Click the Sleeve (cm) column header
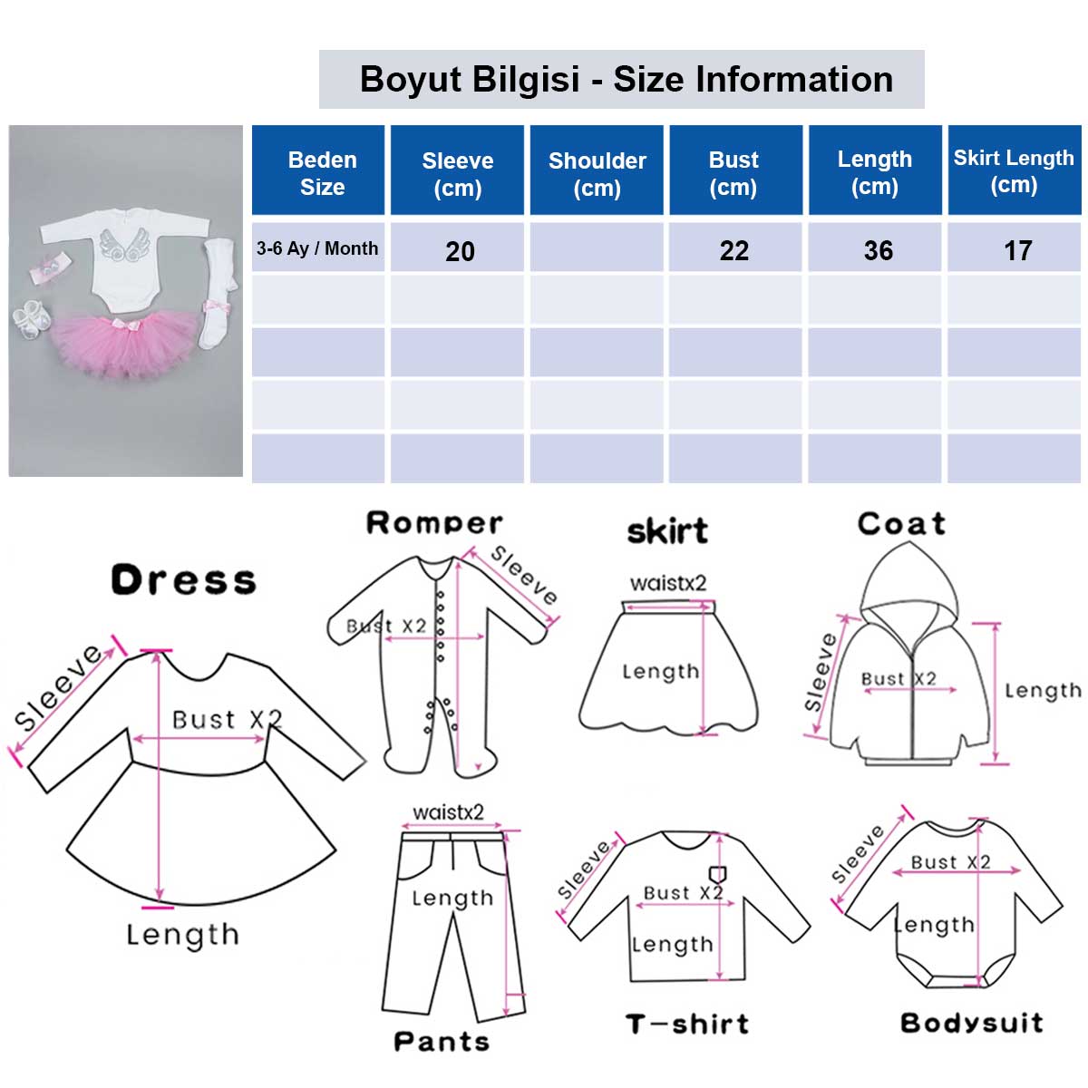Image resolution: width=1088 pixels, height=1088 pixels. tap(457, 174)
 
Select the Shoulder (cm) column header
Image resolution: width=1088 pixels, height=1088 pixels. tap(597, 174)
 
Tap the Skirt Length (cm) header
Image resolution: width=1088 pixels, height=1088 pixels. tap(1014, 171)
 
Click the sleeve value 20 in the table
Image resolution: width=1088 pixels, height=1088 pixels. tap(460, 251)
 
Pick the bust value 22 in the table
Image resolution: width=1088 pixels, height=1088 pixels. tap(734, 250)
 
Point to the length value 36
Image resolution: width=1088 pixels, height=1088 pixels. tap(878, 250)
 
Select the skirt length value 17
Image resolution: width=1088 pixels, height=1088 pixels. tap(1017, 250)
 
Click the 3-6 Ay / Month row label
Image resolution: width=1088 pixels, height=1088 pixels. tap(316, 248)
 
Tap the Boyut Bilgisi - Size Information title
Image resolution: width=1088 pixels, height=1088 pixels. tap(627, 79)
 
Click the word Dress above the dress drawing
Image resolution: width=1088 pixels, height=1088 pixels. tap(183, 579)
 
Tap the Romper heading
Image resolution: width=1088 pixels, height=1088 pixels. tap(433, 523)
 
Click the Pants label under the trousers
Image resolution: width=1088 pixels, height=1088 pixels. tap(442, 1041)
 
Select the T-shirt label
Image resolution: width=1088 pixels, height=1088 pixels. tap(687, 1023)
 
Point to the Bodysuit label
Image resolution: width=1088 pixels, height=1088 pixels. tap(971, 1022)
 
